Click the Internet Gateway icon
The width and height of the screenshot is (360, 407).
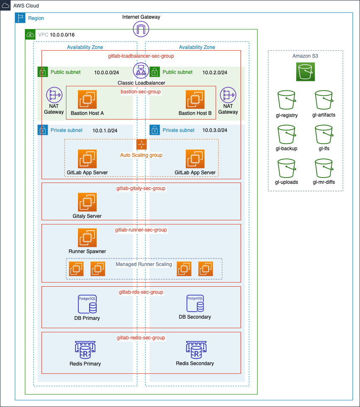141,29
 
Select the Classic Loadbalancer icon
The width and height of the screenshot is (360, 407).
141,71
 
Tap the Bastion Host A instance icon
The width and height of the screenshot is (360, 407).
87,100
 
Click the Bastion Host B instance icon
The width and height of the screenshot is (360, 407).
195,100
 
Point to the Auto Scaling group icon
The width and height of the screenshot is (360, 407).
142,144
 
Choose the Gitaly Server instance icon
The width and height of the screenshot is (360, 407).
87,202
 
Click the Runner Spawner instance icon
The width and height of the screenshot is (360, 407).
87,238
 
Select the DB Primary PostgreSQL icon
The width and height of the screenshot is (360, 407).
88,305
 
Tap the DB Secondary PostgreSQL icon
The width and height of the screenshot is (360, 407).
195,304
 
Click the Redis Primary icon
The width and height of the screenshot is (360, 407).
85,351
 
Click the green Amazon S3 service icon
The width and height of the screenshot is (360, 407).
306,71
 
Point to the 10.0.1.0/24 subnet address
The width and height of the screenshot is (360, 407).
106,130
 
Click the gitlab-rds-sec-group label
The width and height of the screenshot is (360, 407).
141,292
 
